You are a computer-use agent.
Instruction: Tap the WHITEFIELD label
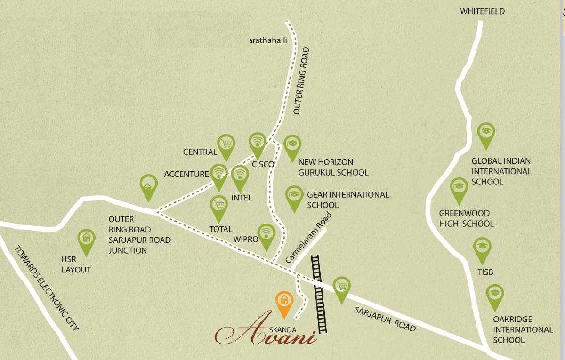point(483,11)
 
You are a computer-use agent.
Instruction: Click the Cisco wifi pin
point(258,143)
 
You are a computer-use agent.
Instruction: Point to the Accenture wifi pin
point(218,175)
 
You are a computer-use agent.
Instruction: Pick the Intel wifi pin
point(240,176)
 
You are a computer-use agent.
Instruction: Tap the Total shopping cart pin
point(218,206)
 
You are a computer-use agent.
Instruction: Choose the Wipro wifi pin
point(266,234)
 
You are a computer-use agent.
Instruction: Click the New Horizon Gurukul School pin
point(292,145)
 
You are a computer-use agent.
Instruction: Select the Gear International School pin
point(294,196)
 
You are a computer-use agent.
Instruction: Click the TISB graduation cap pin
point(482,248)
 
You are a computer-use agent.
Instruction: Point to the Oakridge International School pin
point(494,295)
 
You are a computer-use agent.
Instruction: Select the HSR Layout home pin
point(86,240)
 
